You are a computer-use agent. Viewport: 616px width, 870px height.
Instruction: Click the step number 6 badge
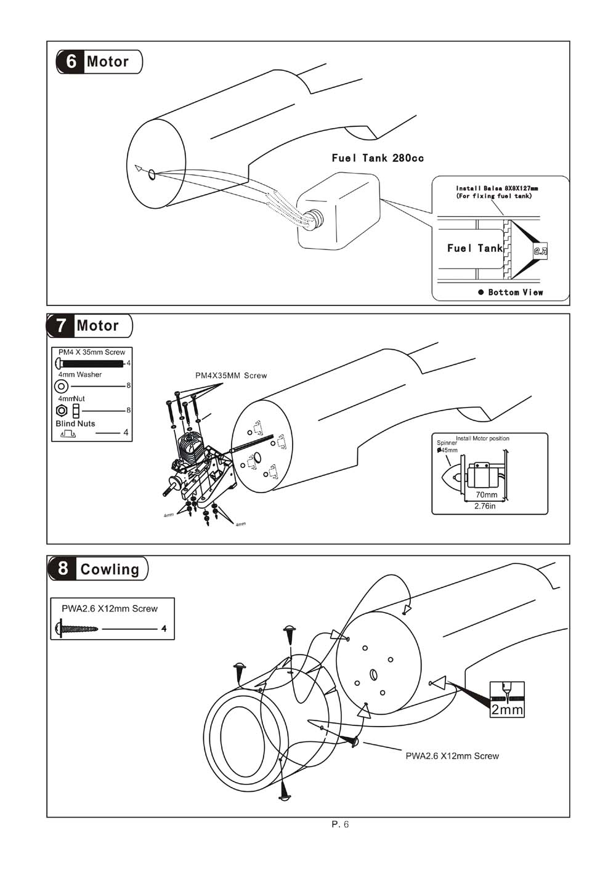71,62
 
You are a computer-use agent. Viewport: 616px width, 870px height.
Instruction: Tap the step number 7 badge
60,326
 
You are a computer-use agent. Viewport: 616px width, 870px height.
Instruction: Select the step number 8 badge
63,568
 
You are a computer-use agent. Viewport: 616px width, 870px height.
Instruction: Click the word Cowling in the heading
110,570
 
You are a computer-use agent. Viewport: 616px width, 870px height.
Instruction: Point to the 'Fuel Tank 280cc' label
378,158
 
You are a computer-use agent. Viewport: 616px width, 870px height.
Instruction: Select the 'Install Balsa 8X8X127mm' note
497,188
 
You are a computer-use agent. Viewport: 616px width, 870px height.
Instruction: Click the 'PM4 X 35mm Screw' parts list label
92,352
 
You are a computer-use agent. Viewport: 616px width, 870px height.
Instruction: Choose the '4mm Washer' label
80,374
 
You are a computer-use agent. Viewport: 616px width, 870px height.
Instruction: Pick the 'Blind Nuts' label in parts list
75,424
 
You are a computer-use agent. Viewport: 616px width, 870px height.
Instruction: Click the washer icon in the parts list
62,386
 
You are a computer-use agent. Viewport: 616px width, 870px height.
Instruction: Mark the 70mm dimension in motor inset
487,494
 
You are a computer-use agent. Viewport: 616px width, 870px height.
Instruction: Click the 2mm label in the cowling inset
507,710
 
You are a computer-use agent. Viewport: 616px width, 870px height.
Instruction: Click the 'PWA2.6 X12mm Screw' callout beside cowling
452,756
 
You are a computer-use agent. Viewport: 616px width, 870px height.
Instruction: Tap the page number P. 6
340,824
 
